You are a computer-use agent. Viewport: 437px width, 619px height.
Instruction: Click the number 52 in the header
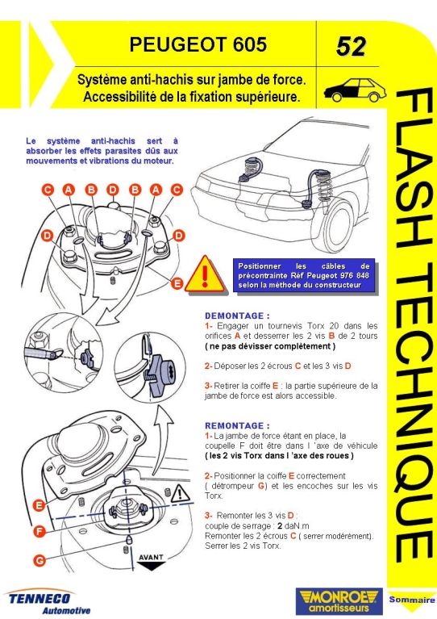(x=351, y=47)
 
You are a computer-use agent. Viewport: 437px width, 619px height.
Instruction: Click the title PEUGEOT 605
(x=198, y=44)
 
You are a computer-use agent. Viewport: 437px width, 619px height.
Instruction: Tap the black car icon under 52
(x=355, y=90)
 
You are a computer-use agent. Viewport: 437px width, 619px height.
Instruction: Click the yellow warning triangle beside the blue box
(x=205, y=274)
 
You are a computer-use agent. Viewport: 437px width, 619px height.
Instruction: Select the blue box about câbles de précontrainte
(x=304, y=275)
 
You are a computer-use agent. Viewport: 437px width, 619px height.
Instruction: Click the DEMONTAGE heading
(x=237, y=316)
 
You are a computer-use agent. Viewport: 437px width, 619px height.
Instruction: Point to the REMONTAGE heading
(x=237, y=425)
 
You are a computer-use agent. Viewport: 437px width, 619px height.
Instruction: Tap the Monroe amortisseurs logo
(x=339, y=600)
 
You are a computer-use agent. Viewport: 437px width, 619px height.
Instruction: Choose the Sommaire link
(x=412, y=600)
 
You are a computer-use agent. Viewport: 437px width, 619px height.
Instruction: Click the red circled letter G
(x=39, y=560)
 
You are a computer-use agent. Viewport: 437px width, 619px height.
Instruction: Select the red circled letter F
(x=39, y=531)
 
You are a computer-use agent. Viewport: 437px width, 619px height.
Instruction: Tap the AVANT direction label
(x=151, y=558)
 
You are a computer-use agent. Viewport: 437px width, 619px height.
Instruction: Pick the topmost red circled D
(x=113, y=190)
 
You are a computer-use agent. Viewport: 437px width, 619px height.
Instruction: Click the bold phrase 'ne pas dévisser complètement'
(x=270, y=346)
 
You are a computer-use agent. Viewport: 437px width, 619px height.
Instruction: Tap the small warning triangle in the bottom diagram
(x=180, y=493)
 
